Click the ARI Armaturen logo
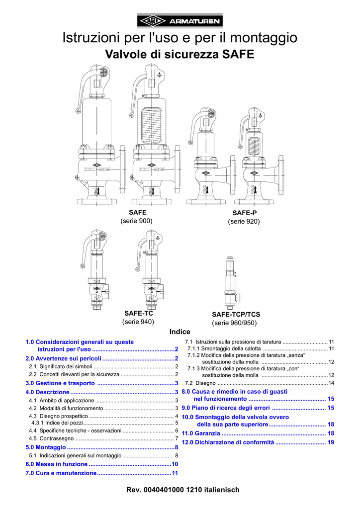[180, 20]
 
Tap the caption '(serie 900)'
[136, 221]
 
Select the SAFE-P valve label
[244, 213]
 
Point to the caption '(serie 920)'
[244, 222]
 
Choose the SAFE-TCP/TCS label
[236, 315]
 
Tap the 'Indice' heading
[180, 332]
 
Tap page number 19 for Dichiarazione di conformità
[330, 442]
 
